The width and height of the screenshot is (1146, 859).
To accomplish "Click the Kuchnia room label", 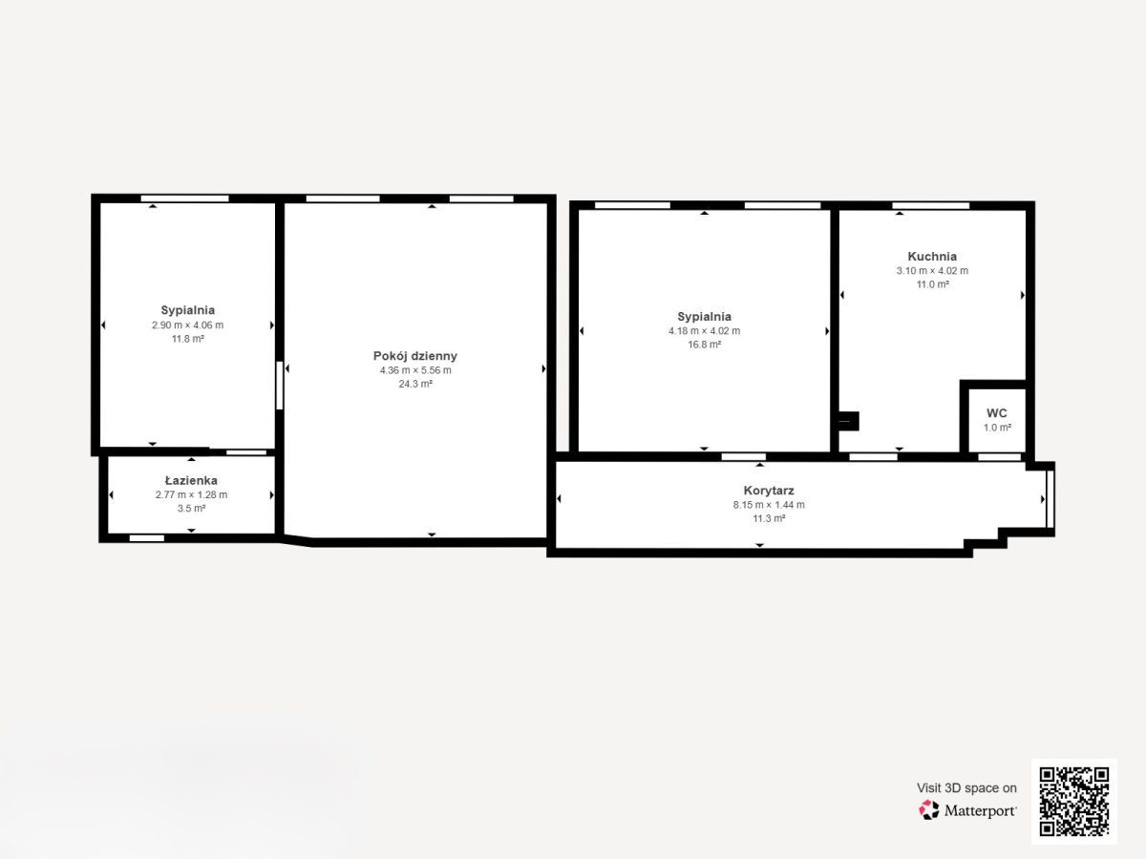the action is [932, 257].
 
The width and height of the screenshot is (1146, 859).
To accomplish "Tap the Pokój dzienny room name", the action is [415, 356].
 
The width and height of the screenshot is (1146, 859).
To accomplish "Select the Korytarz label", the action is [769, 491].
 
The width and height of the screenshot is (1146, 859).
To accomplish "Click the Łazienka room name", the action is [191, 480].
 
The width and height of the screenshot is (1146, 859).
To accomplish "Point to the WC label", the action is [997, 413].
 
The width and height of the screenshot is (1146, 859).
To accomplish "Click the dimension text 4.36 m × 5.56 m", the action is [415, 370].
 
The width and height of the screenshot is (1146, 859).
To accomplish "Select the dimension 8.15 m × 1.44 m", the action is [769, 505].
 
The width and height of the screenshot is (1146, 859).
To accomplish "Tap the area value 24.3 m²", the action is [415, 384].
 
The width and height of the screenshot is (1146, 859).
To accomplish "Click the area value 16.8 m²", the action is [704, 345].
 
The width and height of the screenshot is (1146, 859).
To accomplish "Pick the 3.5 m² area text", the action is [191, 508].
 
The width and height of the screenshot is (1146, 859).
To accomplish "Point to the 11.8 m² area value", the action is [187, 339].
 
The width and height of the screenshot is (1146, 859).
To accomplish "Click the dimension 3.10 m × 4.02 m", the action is [932, 271].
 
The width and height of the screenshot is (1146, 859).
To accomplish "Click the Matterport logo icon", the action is [929, 810].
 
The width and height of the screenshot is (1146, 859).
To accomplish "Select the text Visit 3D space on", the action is [966, 788].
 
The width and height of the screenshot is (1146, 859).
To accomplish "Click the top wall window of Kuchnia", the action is [931, 205].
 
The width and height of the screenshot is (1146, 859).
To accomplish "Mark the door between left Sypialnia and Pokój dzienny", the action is [280, 386].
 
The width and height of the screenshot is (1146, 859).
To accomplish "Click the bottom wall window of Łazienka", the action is [147, 538].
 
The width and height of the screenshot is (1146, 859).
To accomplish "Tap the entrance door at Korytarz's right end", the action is [1050, 499].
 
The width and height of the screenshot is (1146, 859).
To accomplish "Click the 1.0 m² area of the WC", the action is [997, 428].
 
